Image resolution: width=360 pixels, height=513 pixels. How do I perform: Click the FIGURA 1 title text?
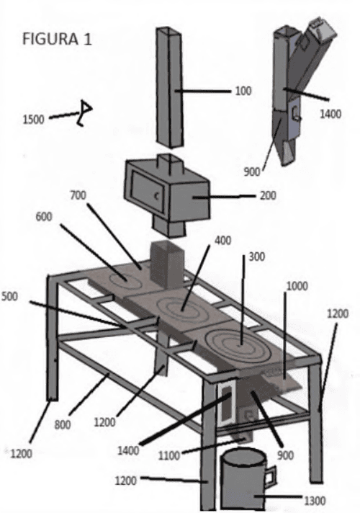(x=57, y=39)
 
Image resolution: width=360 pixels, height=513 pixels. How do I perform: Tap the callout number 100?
(x=243, y=91)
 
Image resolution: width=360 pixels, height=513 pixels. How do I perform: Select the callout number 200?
(x=268, y=196)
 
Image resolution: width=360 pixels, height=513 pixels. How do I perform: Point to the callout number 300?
(x=256, y=256)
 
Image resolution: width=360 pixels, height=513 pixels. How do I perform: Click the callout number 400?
(x=223, y=241)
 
